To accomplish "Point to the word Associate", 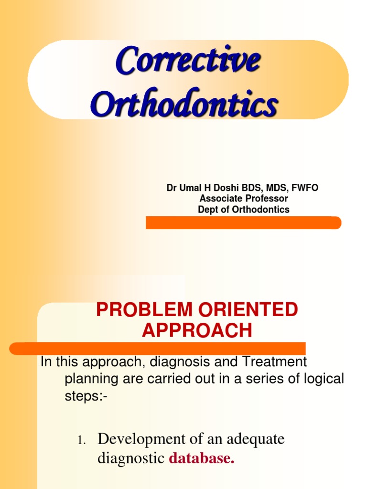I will pyautogui.click(x=220, y=199).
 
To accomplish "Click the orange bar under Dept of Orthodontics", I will pyautogui.click(x=243, y=223).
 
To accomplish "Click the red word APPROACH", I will pyautogui.click(x=196, y=330).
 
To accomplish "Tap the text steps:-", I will pyautogui.click(x=86, y=396).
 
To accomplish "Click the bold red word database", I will pyautogui.click(x=202, y=458).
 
